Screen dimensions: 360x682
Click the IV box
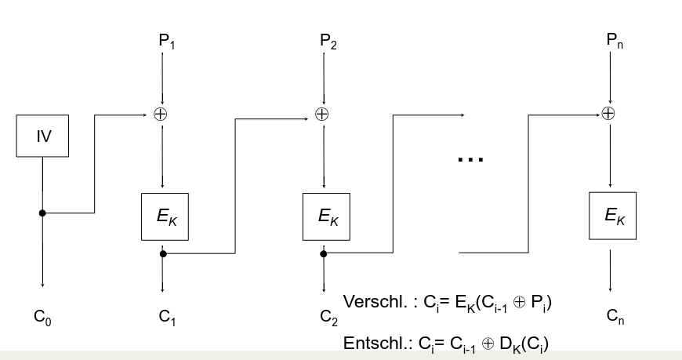tap(43, 136)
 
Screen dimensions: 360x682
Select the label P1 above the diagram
tap(167, 41)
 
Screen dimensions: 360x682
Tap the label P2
tap(328, 41)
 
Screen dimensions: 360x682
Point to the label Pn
tap(615, 41)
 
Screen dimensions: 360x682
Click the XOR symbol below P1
tap(161, 114)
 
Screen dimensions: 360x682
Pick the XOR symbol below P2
tap(321, 114)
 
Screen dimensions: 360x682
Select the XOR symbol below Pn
tap(608, 114)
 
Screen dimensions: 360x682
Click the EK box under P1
tap(165, 216)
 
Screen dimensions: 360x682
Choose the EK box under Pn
tap(613, 216)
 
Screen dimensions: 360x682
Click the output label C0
tap(42, 318)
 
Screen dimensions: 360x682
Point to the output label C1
tap(166, 318)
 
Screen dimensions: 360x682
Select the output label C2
tap(328, 318)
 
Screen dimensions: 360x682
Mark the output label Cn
tap(615, 317)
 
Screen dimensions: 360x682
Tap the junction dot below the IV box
tap(42, 213)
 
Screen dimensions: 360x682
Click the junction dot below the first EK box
tap(162, 253)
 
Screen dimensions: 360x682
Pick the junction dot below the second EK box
tap(323, 253)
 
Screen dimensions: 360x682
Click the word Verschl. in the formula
tap(371, 302)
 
